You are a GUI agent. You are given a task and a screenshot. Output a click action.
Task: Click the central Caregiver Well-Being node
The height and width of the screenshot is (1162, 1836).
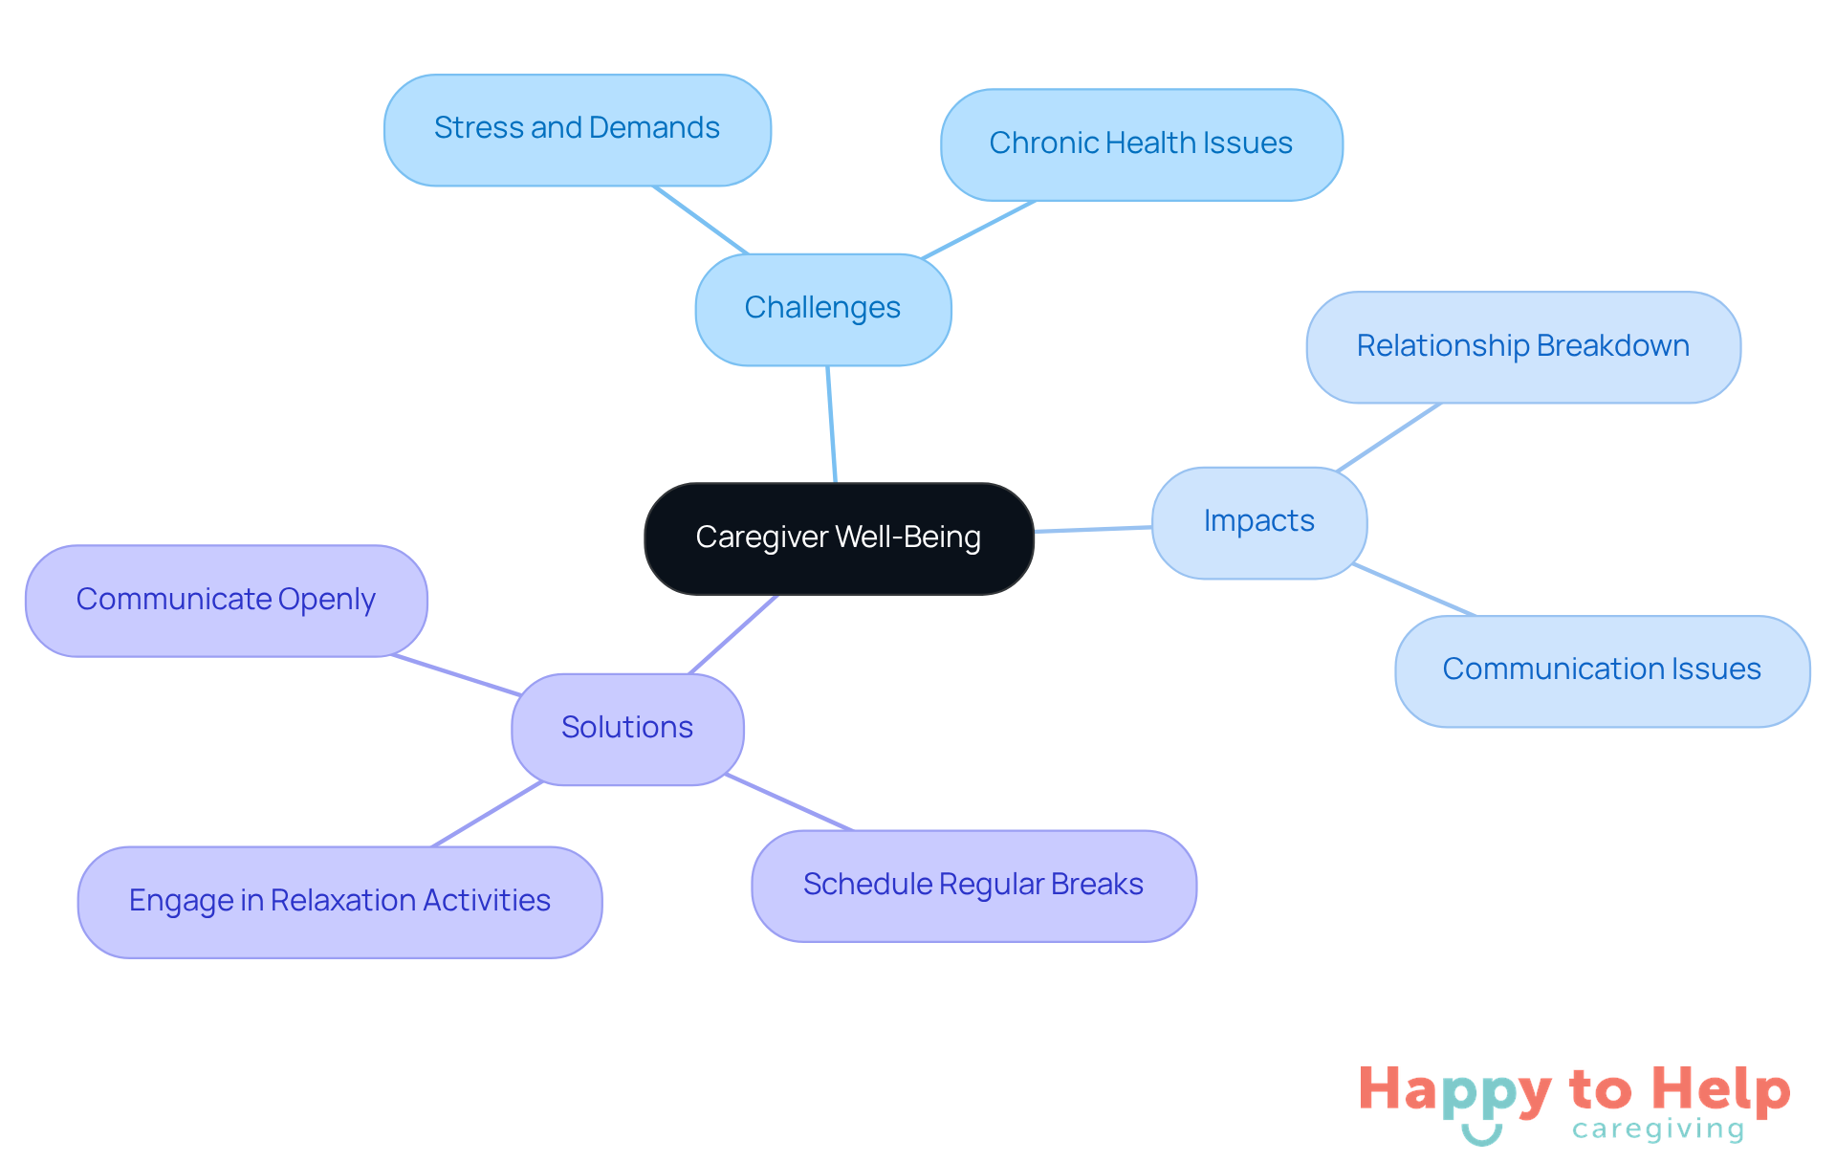pos(839,538)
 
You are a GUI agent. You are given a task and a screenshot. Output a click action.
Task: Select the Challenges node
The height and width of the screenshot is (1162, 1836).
pos(822,309)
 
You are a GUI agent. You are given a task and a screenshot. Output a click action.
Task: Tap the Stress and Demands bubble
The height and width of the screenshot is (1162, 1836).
pos(577,129)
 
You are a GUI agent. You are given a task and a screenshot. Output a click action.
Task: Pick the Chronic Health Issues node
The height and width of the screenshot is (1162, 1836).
pos(1141,144)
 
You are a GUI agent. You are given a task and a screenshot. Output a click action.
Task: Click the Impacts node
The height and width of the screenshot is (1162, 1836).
pos(1258,522)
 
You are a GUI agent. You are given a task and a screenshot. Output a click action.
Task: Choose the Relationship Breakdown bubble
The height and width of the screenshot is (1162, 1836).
pos(1522,346)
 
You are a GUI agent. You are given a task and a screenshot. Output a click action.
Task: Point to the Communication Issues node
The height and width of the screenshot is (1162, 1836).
pos(1602,670)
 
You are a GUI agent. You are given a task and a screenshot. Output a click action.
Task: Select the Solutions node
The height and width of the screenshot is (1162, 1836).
pos(627,729)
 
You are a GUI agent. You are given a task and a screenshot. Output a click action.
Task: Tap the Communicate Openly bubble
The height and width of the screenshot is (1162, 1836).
pos(226,601)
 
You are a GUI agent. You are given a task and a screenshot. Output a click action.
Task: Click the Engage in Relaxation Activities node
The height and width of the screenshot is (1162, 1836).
pos(339,902)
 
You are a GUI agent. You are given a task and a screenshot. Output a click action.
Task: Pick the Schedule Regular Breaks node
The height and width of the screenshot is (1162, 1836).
pos(973,886)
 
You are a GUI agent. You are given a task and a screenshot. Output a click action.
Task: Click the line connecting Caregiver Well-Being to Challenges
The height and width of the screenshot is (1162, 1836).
pos(832,425)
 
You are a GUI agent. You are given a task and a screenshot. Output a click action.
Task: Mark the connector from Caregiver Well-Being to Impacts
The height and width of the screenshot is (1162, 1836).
pos(1093,529)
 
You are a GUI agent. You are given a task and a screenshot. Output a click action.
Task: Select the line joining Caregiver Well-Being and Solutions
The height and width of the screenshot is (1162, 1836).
pos(733,634)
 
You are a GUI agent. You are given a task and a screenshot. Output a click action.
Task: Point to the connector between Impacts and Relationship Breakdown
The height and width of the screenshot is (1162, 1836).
pos(1388,437)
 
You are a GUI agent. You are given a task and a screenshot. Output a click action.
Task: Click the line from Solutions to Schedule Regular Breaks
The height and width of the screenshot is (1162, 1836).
pos(789,802)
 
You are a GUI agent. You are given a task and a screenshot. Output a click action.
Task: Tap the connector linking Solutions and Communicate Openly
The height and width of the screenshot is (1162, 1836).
pos(456,675)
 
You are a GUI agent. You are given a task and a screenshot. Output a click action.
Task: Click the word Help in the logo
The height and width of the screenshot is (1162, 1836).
pos(1720,1090)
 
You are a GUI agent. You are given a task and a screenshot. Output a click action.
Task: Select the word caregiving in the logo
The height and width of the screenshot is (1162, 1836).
pos(1658,1130)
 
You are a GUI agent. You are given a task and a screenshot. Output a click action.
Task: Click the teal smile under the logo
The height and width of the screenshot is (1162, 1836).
pos(1481,1135)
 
